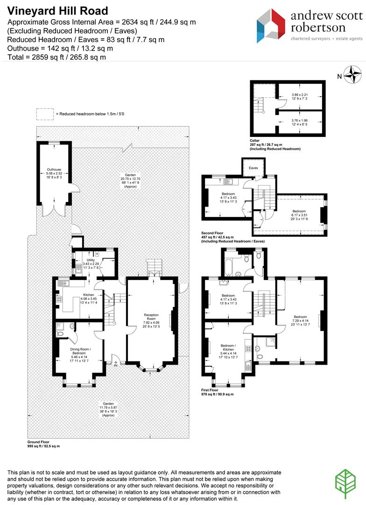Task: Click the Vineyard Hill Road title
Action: pyautogui.click(x=57, y=11)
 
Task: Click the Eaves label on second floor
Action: pyautogui.click(x=253, y=167)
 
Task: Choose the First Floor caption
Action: pyautogui.click(x=211, y=390)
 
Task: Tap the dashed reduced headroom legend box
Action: pyautogui.click(x=45, y=114)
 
